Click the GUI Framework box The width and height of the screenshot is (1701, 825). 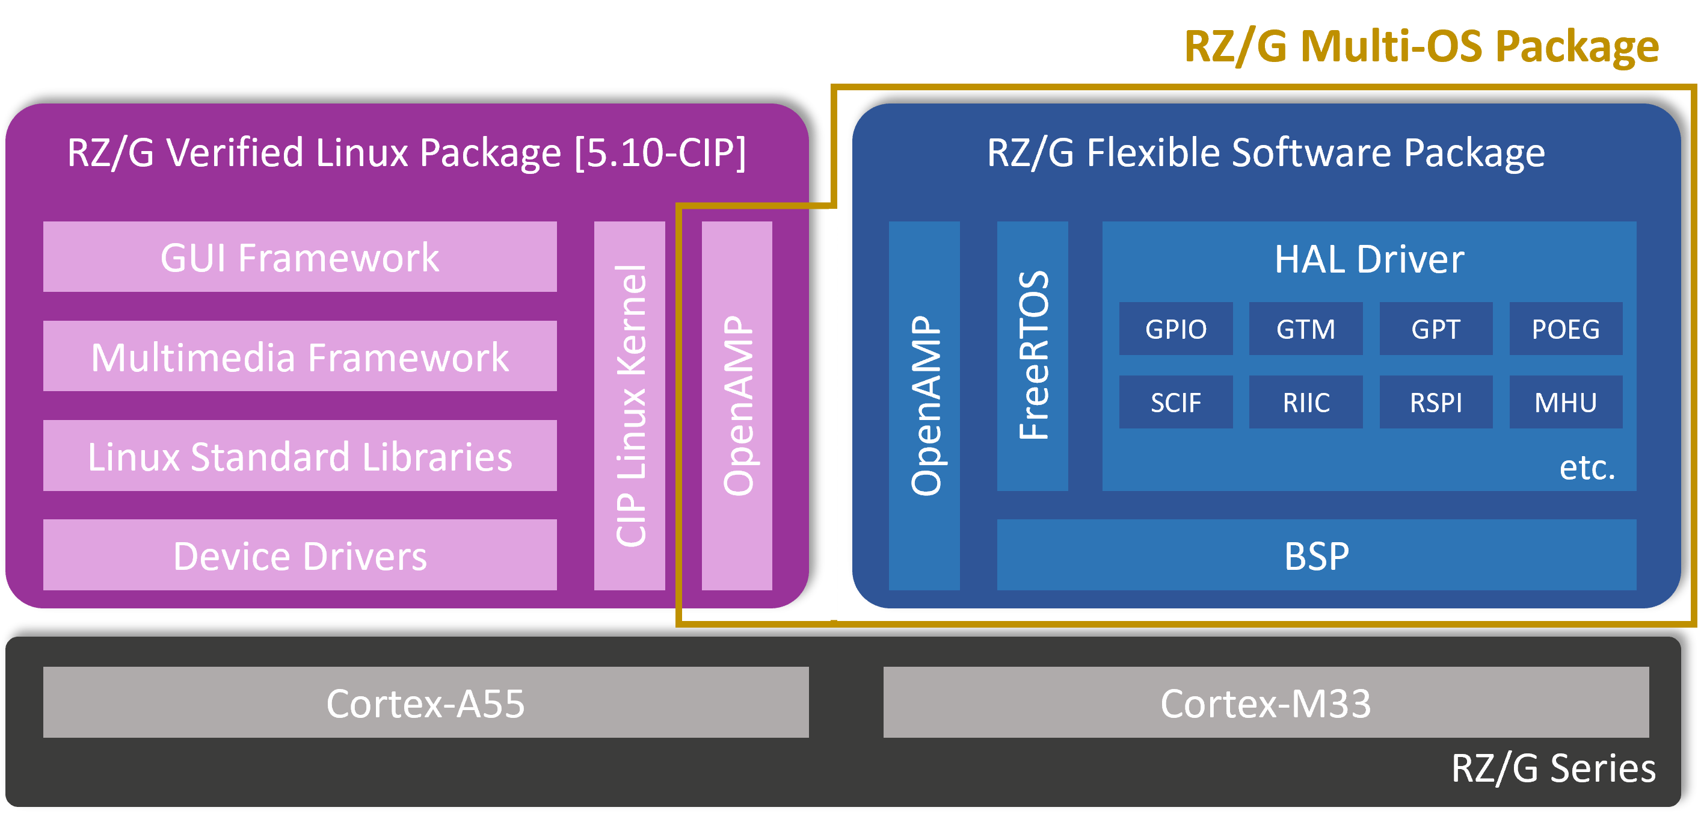click(300, 257)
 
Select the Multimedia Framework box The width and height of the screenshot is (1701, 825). click(300, 357)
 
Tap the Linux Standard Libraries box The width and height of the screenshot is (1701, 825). click(300, 456)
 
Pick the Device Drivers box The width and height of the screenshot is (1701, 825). click(300, 555)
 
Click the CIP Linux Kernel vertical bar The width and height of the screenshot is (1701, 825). click(629, 406)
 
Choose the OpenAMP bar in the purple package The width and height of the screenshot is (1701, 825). click(737, 406)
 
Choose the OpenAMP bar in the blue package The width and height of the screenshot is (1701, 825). click(924, 406)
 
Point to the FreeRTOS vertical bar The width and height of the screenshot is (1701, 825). click(1033, 356)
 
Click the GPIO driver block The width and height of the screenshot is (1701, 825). click(1175, 329)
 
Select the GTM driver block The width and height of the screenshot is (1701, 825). click(1305, 329)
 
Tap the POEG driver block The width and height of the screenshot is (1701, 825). click(1566, 329)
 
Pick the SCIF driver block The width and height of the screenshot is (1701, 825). click(1175, 402)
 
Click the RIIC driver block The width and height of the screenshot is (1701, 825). click(1305, 402)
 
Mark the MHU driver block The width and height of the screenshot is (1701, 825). click(1566, 402)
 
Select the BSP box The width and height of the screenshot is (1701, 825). click(1317, 555)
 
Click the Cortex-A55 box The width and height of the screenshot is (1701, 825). click(426, 702)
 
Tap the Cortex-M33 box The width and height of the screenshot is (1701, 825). click(1266, 702)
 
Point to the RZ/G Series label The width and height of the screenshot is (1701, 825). click(1553, 768)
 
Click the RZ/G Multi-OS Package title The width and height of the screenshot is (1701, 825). click(1421, 46)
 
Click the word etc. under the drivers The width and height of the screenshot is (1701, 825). click(1587, 468)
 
